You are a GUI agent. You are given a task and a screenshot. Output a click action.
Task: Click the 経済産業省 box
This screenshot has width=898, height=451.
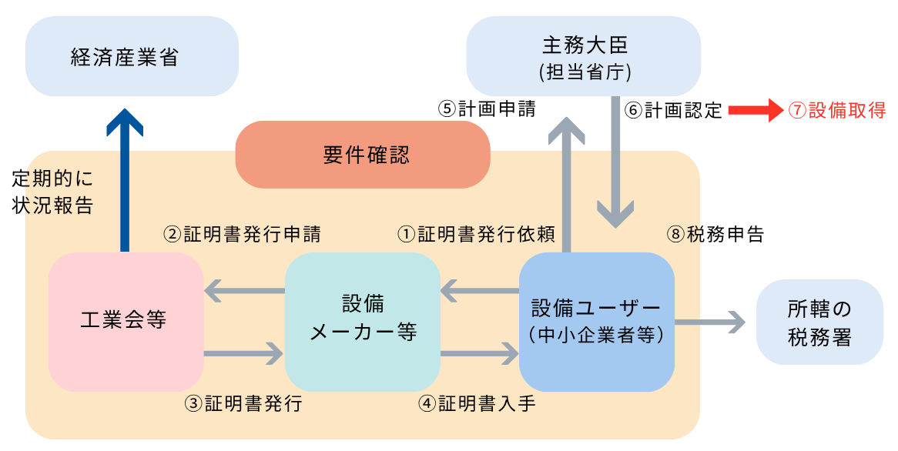click(132, 57)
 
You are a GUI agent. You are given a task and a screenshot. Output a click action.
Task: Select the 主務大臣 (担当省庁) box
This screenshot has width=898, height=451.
click(583, 56)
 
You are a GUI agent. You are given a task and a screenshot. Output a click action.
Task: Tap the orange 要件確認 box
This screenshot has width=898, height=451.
click(363, 155)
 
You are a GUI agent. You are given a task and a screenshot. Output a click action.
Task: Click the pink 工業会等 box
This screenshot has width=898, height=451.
click(126, 321)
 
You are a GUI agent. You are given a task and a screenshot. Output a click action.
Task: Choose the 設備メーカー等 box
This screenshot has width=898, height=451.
click(362, 321)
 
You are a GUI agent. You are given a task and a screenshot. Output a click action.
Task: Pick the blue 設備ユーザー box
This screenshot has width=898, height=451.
click(596, 321)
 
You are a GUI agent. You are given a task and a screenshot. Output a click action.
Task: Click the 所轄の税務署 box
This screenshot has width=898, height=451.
click(819, 322)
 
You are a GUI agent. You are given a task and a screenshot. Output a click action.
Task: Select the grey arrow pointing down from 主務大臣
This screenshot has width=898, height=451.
click(615, 162)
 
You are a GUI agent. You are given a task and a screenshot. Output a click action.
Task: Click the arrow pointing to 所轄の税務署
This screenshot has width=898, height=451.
click(709, 322)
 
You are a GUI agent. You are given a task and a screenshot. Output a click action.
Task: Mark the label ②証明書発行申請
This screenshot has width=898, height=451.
click(242, 234)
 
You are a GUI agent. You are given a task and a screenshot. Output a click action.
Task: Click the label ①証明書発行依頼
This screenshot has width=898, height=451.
click(475, 234)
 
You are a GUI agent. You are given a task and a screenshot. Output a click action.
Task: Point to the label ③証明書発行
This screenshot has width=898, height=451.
click(243, 403)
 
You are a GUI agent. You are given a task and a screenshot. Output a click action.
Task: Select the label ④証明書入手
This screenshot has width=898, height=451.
click(477, 403)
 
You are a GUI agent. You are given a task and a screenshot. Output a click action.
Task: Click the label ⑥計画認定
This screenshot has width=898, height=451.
click(673, 110)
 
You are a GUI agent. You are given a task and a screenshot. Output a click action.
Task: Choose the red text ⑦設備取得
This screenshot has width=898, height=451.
click(836, 110)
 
